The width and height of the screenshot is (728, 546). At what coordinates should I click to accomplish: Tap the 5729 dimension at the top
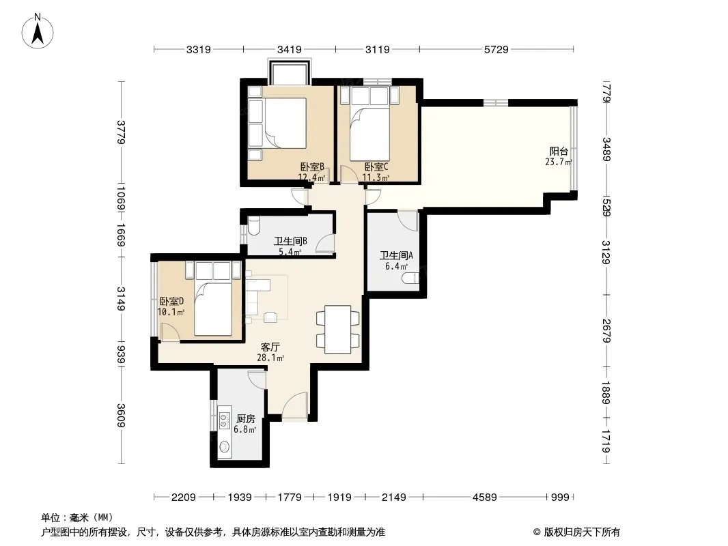click(x=496, y=49)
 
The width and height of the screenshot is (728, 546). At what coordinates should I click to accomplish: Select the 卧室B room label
click(x=312, y=167)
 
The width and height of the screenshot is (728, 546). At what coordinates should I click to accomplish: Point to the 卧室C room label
click(x=376, y=167)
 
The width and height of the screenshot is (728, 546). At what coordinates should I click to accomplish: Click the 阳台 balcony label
click(x=559, y=152)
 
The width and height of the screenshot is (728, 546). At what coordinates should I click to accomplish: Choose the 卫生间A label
click(x=397, y=256)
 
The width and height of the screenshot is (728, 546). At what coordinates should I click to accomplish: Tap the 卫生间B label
click(x=290, y=241)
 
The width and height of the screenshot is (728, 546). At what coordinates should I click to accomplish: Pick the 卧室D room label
click(x=172, y=301)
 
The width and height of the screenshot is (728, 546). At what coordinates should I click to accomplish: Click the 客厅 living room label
click(x=270, y=347)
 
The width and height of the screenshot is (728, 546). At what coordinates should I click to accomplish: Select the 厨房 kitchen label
click(x=246, y=419)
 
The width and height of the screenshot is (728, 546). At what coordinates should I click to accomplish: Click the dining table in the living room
click(x=337, y=330)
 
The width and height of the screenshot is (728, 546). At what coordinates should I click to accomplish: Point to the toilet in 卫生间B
click(x=254, y=226)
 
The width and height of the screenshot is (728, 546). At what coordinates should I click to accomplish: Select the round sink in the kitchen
click(x=225, y=447)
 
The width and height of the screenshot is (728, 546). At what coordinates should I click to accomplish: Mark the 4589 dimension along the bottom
click(x=485, y=498)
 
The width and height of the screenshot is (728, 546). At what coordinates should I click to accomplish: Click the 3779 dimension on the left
click(x=121, y=132)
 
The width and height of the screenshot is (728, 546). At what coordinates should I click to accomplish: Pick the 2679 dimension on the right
click(x=606, y=331)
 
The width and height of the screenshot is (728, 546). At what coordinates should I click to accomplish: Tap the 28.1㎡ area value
click(x=270, y=358)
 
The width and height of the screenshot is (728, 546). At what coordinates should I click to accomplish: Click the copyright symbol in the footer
click(x=537, y=532)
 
